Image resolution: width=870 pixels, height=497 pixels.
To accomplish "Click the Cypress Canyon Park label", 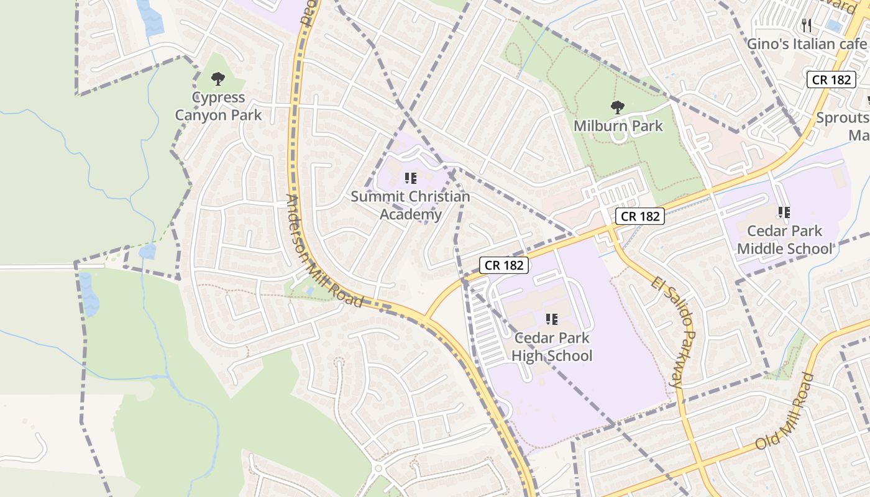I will tap(218, 106).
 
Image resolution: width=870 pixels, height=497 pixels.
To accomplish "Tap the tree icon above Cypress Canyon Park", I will tap(218, 79).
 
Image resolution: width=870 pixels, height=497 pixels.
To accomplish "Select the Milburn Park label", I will tap(618, 126).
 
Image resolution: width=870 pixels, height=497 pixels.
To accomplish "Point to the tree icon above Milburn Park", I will tap(618, 107).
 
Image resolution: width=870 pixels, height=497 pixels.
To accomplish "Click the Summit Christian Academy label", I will tap(411, 206).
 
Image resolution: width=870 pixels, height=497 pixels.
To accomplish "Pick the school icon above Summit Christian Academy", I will tap(411, 179).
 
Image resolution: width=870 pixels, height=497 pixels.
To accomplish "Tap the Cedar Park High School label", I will tap(552, 347).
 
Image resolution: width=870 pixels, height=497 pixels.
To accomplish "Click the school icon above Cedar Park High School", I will tap(552, 319).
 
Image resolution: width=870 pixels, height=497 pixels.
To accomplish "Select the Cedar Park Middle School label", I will tap(784, 240).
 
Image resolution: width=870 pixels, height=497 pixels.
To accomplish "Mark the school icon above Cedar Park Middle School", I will tap(784, 212).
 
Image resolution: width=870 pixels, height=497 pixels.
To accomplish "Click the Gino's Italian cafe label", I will tap(806, 44).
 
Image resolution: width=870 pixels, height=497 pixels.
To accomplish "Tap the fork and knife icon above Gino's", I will tap(807, 25).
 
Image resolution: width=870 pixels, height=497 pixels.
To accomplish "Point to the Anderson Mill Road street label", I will tap(323, 251).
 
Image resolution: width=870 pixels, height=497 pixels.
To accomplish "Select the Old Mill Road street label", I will tap(784, 411).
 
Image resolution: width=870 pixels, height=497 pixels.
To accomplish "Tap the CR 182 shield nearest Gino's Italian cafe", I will tap(831, 80).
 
